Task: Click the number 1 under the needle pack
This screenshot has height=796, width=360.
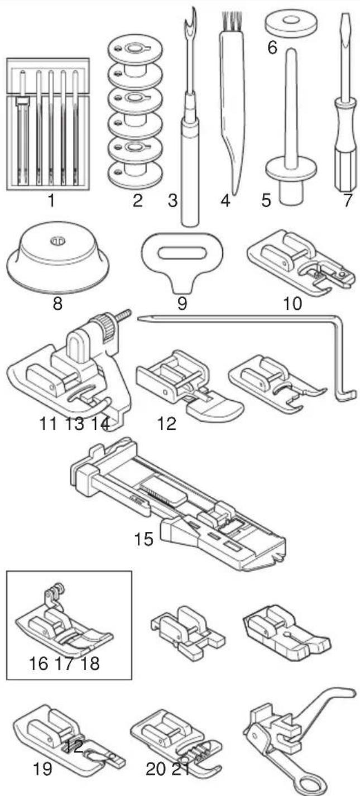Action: pos(51,200)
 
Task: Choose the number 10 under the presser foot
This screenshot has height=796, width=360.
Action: pos(292,304)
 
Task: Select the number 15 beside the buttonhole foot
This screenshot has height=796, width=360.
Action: pos(143,539)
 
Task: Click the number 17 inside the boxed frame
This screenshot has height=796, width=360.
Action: pos(64,663)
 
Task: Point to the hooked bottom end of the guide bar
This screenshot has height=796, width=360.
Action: pos(346,395)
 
